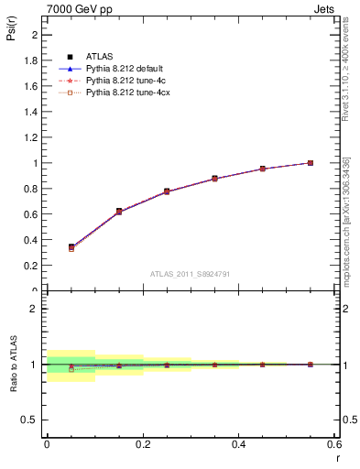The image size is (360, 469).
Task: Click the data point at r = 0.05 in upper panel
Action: (71, 247)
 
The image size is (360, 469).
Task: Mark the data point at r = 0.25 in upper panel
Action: (167, 191)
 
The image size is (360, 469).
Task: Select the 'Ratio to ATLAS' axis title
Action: (12, 363)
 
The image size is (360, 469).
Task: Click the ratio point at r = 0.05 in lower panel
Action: (71, 368)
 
